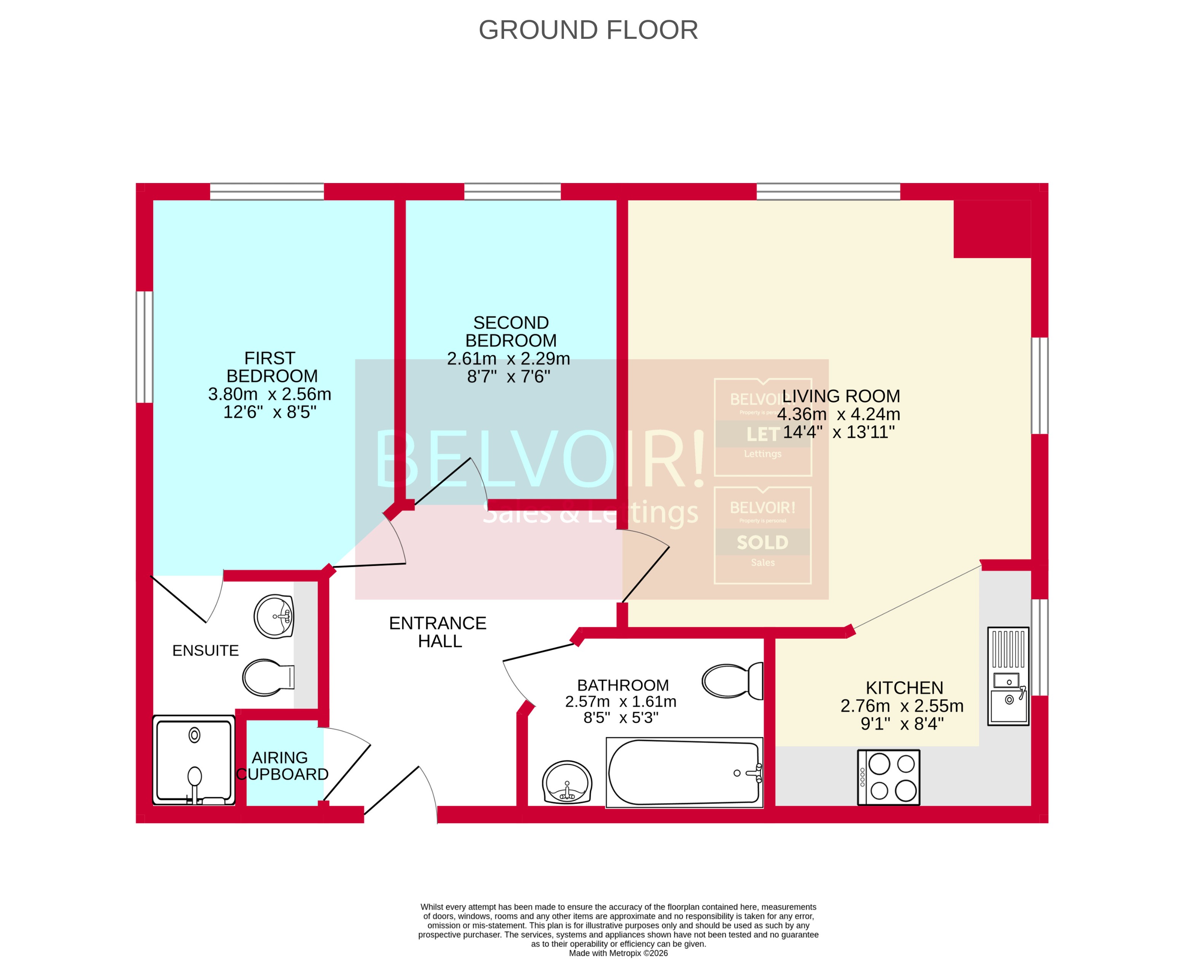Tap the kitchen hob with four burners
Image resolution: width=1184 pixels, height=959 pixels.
click(888, 777)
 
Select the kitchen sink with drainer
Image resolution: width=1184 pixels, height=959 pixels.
click(1008, 676)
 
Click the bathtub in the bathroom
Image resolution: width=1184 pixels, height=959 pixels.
click(684, 772)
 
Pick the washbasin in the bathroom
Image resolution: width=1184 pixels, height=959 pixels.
click(567, 782)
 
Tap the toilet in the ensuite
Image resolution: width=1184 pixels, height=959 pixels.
click(268, 677)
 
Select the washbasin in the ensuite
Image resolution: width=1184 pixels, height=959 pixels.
click(274, 616)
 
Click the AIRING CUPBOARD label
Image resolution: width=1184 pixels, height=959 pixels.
click(282, 766)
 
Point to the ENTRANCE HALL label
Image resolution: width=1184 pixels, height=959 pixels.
click(438, 632)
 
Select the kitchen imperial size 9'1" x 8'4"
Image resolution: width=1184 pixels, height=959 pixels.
click(902, 724)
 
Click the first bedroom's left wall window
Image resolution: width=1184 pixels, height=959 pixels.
click(144, 347)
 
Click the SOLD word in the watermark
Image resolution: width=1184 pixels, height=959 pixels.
click(763, 542)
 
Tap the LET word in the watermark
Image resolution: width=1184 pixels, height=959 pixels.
click(763, 435)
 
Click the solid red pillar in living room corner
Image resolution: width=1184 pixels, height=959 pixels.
click(992, 229)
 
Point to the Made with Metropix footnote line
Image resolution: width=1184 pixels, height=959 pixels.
click(618, 953)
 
